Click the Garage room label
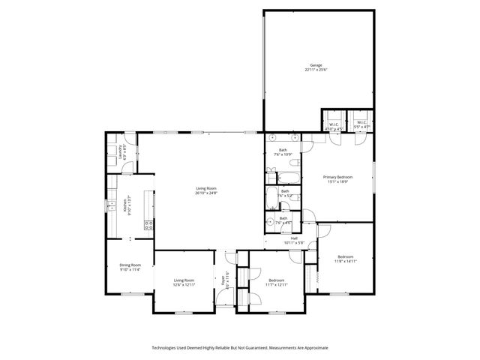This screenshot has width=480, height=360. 314,67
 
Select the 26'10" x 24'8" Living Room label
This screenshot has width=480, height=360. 206,190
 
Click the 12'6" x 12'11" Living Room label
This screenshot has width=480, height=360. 184,282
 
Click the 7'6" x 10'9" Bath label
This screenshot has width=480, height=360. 283,152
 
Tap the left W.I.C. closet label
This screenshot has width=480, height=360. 334,125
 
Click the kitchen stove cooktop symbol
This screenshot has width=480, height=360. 149,223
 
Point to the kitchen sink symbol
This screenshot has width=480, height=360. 110,204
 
